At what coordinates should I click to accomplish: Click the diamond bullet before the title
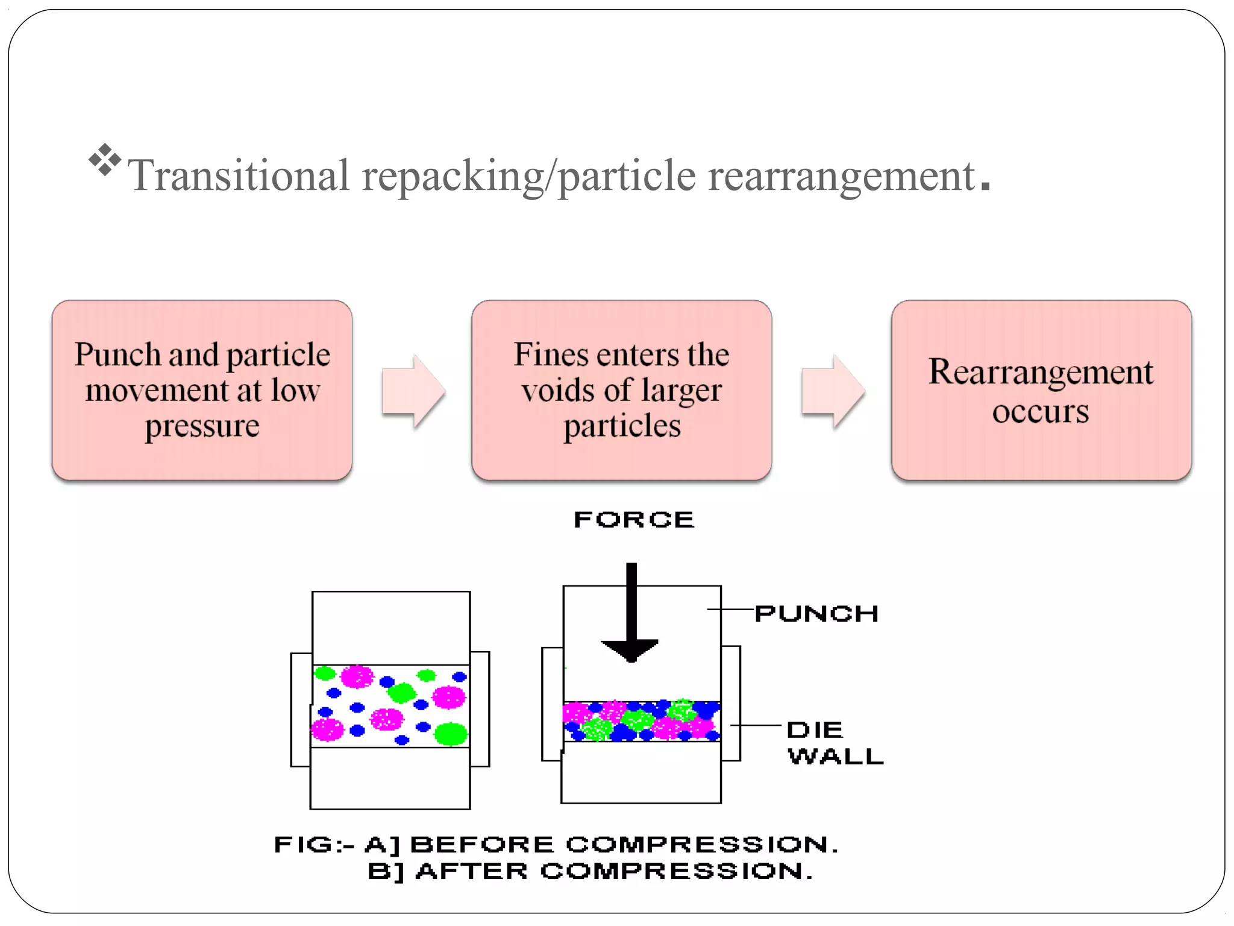coord(105,160)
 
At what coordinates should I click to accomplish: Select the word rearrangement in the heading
coord(841,176)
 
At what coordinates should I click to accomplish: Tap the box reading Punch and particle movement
coord(202,390)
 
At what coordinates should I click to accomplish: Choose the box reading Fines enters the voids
coord(621,390)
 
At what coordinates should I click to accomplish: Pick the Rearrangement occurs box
coord(1041,390)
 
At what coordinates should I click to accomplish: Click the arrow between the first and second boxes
coord(413,392)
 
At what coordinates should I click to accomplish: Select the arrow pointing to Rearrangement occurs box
coord(833,392)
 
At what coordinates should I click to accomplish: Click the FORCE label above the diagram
coord(634,520)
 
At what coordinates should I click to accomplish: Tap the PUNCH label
coord(816,614)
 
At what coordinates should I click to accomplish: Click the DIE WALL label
coord(835,743)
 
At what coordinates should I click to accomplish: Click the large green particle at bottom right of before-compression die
coord(451,734)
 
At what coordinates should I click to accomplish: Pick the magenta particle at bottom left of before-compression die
coord(327,729)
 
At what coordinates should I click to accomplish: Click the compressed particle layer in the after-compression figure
coord(641,721)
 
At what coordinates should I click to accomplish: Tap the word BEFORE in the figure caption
coord(481,845)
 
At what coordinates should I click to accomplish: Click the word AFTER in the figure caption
coord(471,871)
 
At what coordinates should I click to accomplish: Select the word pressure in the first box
coord(202,426)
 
